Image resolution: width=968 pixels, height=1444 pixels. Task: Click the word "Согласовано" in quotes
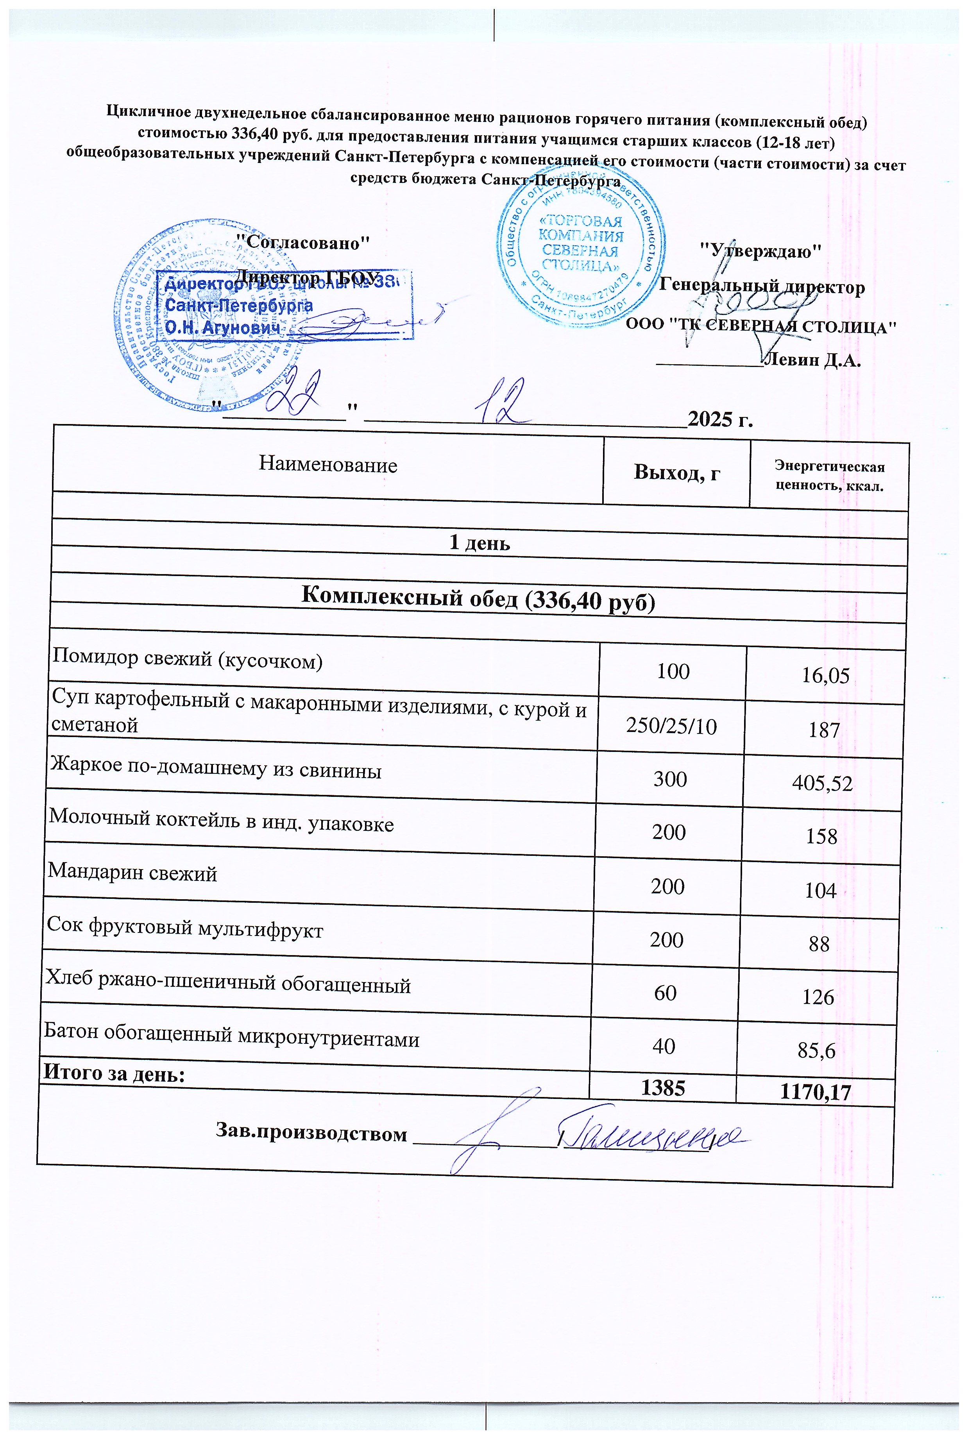(x=304, y=243)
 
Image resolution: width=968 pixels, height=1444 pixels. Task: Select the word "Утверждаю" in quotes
(x=760, y=251)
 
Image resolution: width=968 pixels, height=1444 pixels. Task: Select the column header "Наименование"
(x=328, y=464)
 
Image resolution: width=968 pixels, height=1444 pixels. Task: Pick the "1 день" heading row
(x=479, y=543)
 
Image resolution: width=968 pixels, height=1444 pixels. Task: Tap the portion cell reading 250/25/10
(x=672, y=726)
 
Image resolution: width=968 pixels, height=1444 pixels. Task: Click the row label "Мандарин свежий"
(x=133, y=873)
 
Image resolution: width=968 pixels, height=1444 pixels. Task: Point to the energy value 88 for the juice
(x=819, y=944)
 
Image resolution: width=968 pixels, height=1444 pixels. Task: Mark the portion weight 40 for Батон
(x=664, y=1047)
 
